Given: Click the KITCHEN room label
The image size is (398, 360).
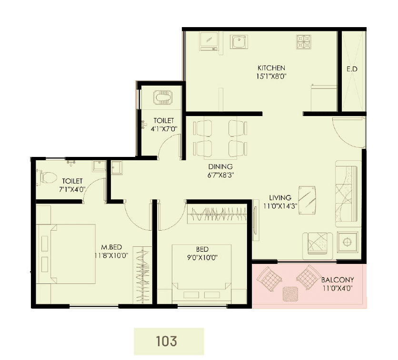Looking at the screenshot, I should [x=271, y=68].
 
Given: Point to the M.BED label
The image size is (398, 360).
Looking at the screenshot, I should [x=112, y=247].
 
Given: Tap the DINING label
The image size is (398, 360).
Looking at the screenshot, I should [x=220, y=166].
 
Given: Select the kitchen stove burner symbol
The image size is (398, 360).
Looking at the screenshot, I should [x=303, y=42].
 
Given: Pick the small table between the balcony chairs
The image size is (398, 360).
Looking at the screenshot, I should [x=289, y=295].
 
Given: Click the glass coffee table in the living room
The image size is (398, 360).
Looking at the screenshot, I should [x=308, y=199].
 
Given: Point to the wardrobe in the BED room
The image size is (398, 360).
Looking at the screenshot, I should [x=218, y=214].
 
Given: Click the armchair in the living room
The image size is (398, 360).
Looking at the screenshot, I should [x=318, y=245].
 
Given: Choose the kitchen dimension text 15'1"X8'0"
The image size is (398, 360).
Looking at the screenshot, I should [x=271, y=76].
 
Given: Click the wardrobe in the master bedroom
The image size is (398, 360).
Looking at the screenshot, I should [x=142, y=275].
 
